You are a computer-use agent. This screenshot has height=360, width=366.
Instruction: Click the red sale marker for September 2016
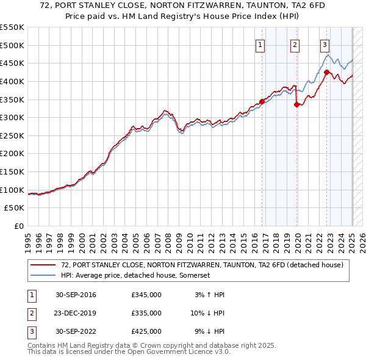coord(262,101)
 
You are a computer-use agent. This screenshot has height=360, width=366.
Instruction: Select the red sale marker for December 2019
coord(297,104)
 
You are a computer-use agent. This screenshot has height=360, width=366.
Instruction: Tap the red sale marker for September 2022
coord(326,72)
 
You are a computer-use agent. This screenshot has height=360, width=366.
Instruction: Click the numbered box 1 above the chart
coord(260,44)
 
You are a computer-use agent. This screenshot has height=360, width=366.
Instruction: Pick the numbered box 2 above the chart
coord(295,44)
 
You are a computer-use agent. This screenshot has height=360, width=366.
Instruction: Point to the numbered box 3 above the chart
coord(325,44)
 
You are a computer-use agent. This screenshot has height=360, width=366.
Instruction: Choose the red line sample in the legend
coord(43,265)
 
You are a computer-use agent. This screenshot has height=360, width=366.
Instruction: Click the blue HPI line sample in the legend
coord(43,276)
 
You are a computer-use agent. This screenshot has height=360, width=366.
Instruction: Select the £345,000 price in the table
coord(146,295)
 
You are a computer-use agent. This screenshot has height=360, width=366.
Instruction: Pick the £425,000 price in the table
coord(146,331)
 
